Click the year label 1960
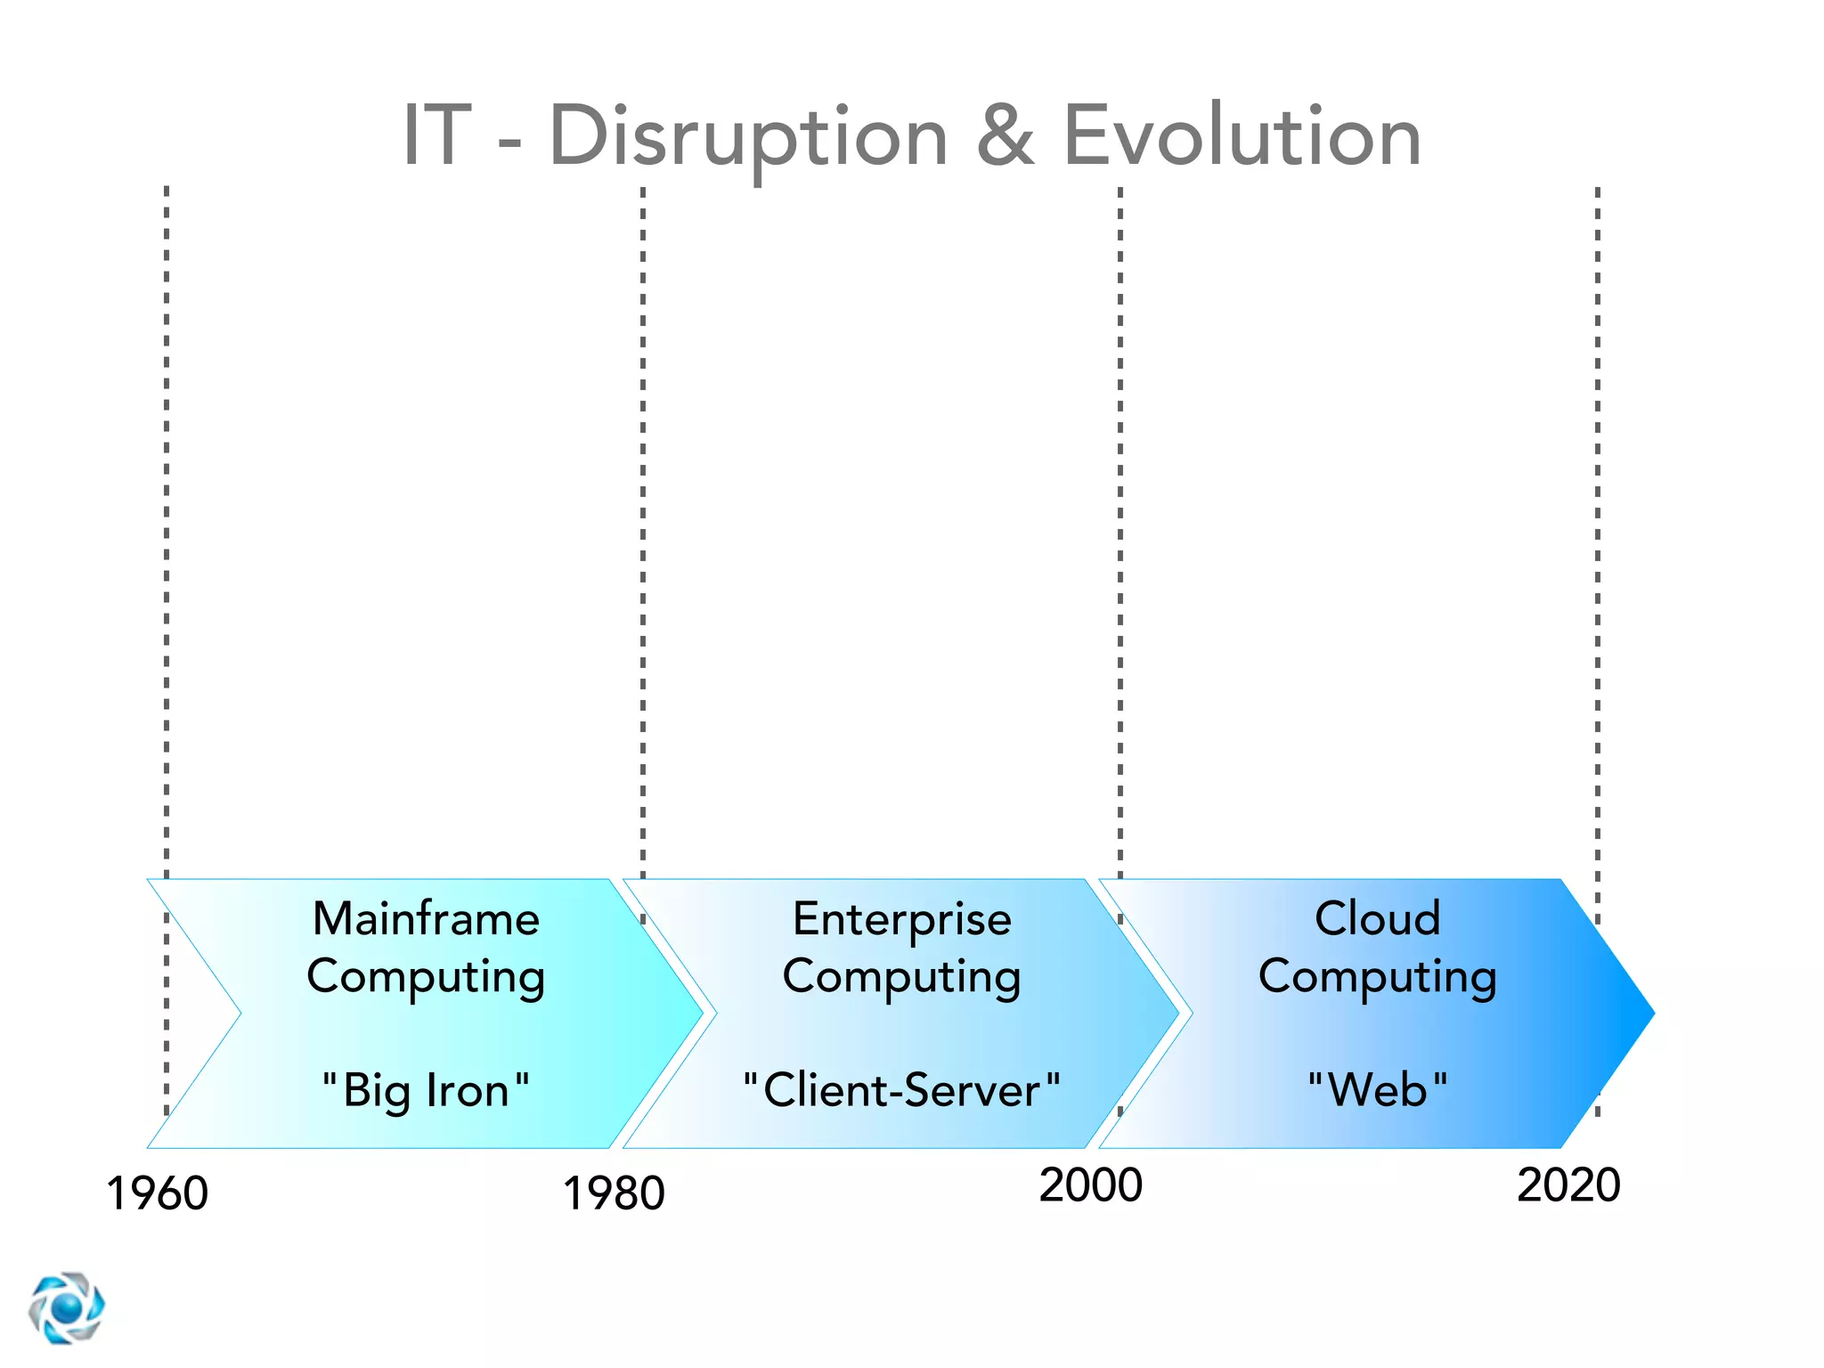point(158,1193)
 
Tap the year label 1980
point(614,1193)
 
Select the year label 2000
point(1090,1185)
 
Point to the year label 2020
point(1568,1185)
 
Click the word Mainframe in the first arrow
point(426,918)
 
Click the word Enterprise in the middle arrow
point(901,920)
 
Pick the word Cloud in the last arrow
point(1377,918)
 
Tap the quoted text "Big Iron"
point(426,1090)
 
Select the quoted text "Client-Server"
point(901,1090)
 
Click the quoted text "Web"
point(1377,1090)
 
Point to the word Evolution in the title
point(1242,135)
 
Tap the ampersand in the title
point(1006,135)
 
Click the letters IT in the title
point(436,135)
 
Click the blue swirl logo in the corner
point(66,1307)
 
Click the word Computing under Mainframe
point(426,977)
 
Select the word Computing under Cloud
point(1377,977)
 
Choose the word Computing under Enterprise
point(901,977)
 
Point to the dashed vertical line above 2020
point(1597,534)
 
